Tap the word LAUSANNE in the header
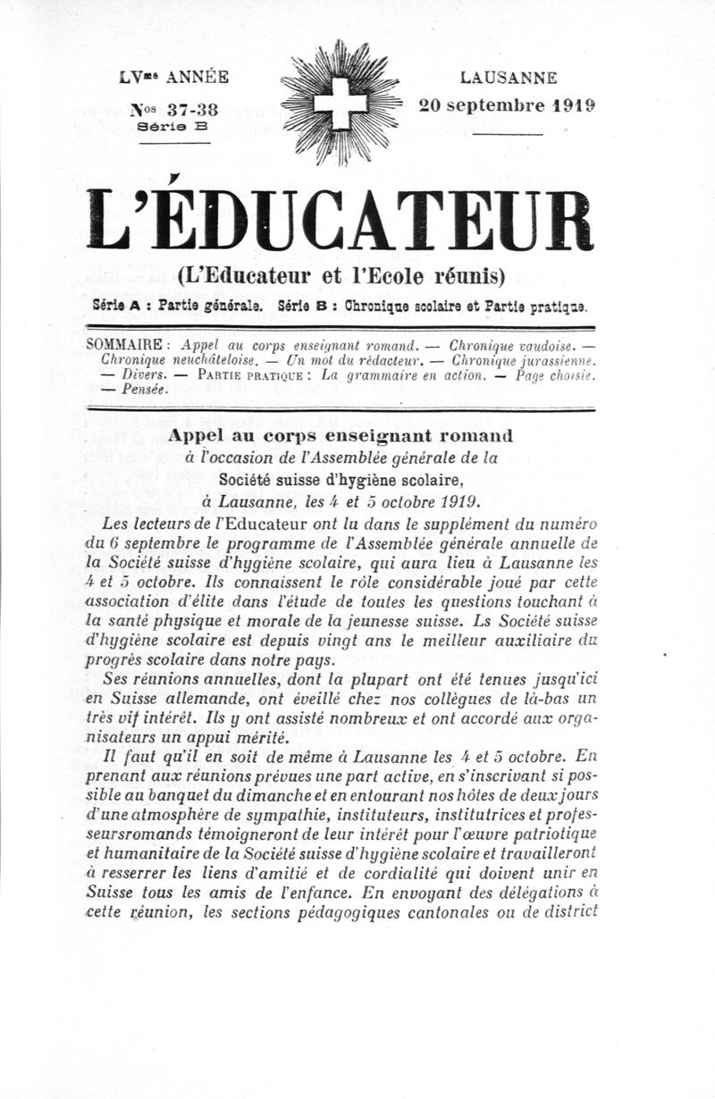click(509, 78)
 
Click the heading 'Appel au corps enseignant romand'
click(341, 436)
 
